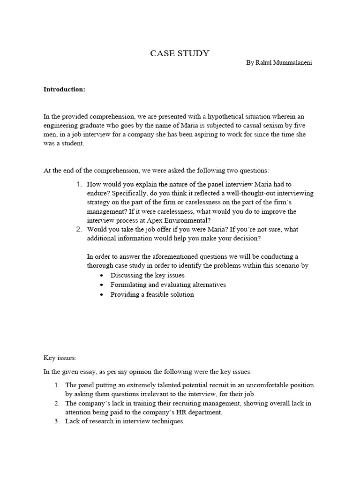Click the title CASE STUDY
[180, 53]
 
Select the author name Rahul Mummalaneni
[279, 63]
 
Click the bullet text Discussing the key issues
[147, 275]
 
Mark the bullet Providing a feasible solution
[152, 294]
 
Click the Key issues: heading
[60, 358]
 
